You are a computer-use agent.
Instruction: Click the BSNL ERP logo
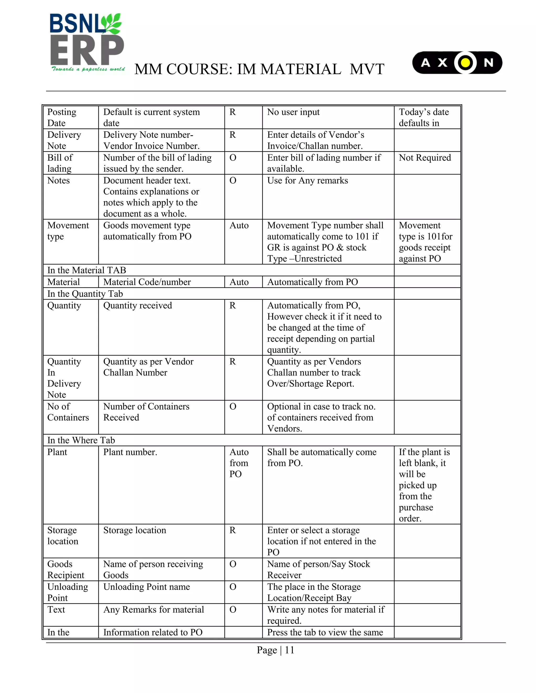87,43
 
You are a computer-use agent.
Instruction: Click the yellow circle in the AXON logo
465,63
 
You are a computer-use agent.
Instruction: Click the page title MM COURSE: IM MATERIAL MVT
259,69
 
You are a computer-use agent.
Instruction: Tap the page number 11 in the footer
289,650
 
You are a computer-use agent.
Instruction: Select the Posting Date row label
62,117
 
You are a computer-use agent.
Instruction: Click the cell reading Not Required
425,158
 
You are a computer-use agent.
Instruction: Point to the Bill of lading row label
60,163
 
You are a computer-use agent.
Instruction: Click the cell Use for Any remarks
307,180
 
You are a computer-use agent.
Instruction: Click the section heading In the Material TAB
87,270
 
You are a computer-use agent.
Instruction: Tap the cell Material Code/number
147,282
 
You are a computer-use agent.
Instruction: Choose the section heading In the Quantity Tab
85,294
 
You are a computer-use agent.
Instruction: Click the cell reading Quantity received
137,305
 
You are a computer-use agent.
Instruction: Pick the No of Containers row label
68,412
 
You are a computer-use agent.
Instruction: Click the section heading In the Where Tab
81,440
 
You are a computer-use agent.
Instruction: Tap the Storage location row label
63,536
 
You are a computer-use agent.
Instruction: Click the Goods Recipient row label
66,570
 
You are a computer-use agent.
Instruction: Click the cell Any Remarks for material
153,610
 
